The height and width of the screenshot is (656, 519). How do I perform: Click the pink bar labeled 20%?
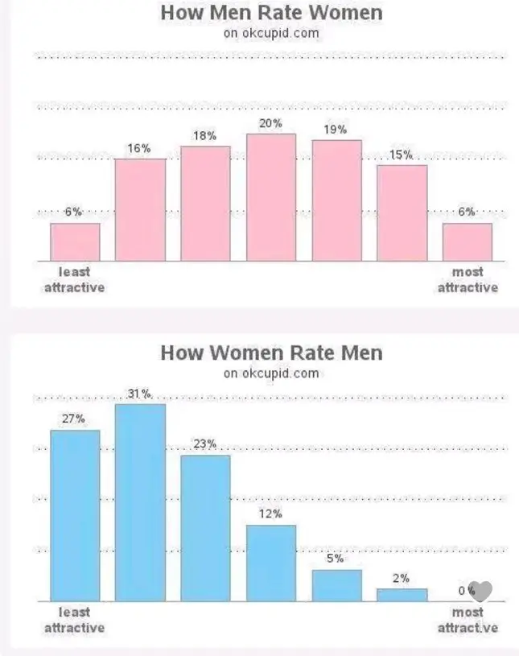tap(271, 197)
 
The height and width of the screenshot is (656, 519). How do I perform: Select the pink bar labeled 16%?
tap(140, 209)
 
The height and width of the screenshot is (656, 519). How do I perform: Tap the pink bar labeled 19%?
tap(337, 200)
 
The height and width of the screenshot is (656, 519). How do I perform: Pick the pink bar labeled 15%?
tap(402, 212)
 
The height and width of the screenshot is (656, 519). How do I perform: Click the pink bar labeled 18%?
tap(205, 204)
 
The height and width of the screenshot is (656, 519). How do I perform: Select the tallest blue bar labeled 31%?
tap(140, 502)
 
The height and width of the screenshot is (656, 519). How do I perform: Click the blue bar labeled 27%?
tap(75, 515)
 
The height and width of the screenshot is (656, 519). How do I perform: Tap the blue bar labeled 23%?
tap(205, 528)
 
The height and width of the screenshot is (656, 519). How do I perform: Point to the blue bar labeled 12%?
tap(271, 563)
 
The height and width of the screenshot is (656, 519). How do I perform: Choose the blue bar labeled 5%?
tap(337, 585)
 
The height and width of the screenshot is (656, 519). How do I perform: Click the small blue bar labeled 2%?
tap(402, 595)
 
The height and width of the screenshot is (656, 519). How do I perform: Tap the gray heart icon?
tap(480, 592)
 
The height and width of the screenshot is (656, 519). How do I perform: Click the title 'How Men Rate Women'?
tap(271, 13)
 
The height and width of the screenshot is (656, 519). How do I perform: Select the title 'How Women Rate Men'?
tap(271, 353)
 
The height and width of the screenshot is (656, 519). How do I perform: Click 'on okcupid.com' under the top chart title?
tap(271, 33)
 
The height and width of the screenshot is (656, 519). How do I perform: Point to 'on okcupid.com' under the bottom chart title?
tap(271, 373)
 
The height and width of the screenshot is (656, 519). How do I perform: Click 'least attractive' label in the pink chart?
tap(74, 279)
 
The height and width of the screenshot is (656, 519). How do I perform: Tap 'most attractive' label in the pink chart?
tap(468, 279)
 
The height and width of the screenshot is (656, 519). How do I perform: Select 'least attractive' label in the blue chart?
tap(74, 620)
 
